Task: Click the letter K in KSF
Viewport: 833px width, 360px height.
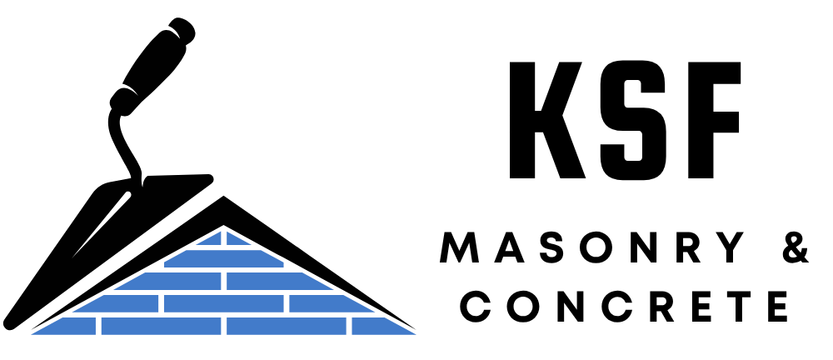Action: pos(546,120)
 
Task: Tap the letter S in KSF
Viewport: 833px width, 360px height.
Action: pos(633,120)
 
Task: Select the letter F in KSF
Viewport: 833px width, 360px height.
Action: pos(714,120)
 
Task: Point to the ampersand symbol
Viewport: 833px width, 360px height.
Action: pos(796,247)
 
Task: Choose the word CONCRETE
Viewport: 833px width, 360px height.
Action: pos(624,307)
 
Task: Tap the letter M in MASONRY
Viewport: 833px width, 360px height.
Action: pos(460,247)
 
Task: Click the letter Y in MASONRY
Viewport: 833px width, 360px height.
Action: pos(730,247)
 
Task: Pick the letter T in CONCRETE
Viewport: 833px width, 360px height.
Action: pos(738,307)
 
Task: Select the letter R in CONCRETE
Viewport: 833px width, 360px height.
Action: pos(661,307)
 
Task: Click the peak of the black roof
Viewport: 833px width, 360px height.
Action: pos(223,197)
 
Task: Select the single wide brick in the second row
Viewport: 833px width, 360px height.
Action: pos(223,258)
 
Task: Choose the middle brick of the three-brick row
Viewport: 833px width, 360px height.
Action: pos(223,303)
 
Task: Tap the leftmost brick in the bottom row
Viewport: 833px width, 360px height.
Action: pos(64,326)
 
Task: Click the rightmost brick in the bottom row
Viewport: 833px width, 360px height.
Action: pos(383,326)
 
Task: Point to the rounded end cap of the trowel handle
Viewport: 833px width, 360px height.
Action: pos(182,28)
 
